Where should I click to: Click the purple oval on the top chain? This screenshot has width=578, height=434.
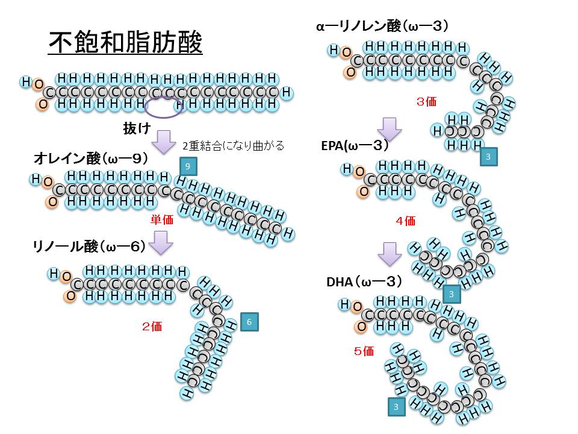pos(164,107)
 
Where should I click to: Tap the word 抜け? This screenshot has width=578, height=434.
pos(135,128)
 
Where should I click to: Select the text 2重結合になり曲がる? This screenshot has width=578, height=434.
pos(233,146)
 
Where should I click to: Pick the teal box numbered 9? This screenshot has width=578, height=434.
pos(188,165)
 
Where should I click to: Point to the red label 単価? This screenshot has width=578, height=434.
pos(161,219)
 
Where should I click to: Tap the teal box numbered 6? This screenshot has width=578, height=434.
pos(249,322)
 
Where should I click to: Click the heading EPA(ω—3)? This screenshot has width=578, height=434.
pos(355,145)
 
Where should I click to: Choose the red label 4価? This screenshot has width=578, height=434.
pos(405,221)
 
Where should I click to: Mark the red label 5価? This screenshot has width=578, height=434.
pos(364,350)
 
